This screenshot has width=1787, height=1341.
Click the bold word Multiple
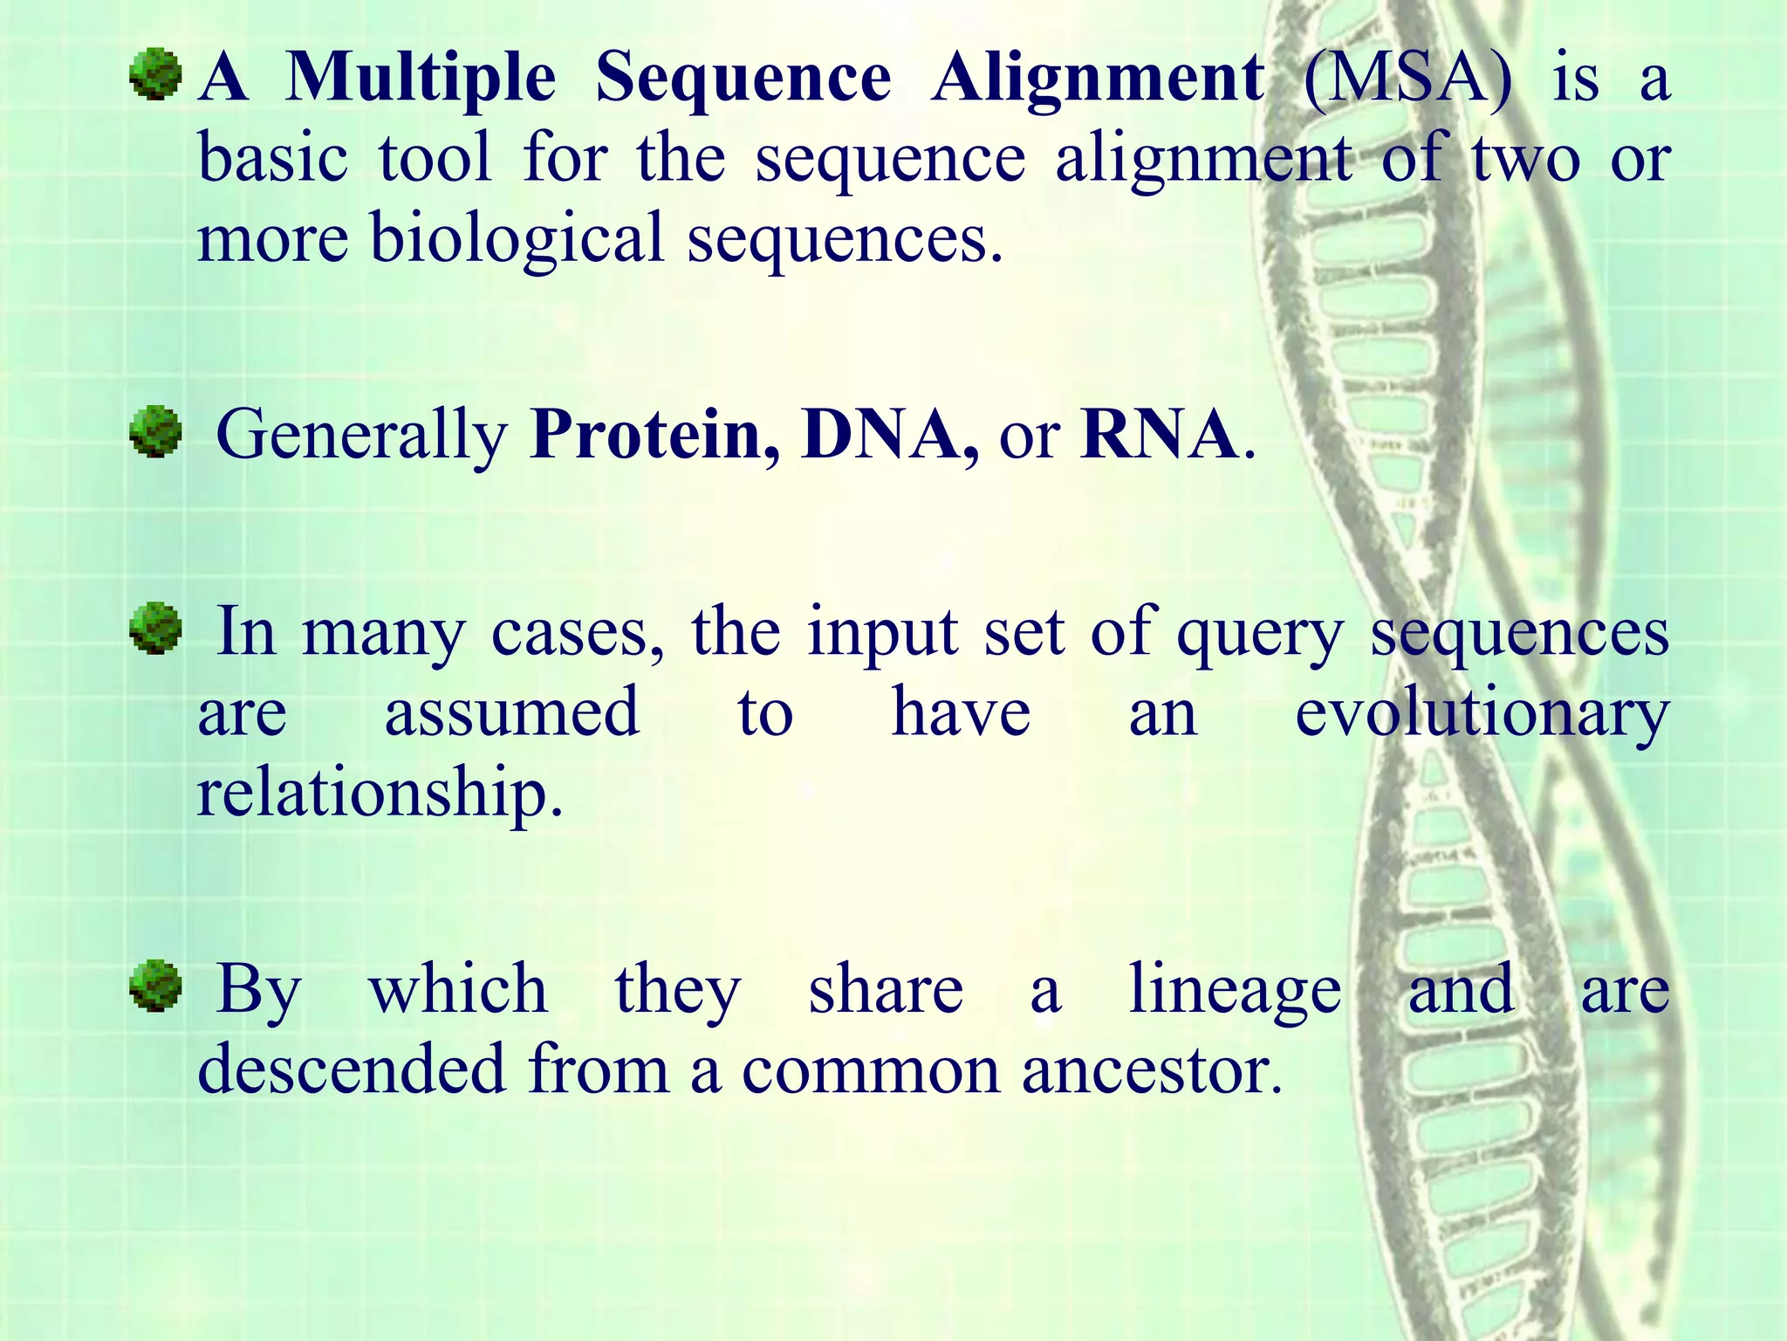[x=421, y=79]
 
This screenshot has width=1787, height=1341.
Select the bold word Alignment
[x=1097, y=79]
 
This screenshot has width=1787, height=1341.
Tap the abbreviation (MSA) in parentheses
[x=1407, y=79]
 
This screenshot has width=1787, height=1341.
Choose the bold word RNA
[x=1159, y=434]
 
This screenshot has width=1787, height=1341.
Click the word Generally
[x=361, y=436]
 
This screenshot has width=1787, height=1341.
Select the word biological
[x=517, y=239]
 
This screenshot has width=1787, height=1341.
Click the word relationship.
[x=379, y=793]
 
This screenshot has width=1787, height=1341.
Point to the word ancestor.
[x=1151, y=1070]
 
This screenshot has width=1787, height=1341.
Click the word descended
[x=352, y=1070]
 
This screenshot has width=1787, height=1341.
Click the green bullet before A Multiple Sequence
[x=155, y=75]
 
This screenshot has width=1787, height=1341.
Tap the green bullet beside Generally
[x=155, y=431]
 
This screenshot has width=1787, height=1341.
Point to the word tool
[x=435, y=159]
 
